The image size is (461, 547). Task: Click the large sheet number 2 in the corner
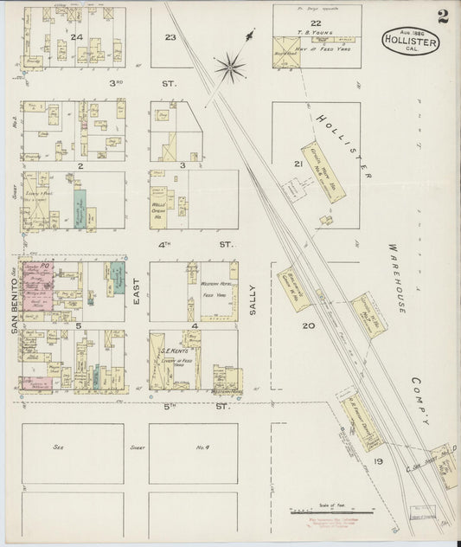pyautogui.click(x=443, y=16)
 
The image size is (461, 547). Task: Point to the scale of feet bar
pyautogui.click(x=325, y=513)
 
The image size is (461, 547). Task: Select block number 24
pyautogui.click(x=77, y=37)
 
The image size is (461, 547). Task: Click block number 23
pyautogui.click(x=170, y=37)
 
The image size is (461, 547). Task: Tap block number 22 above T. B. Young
pyautogui.click(x=317, y=23)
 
